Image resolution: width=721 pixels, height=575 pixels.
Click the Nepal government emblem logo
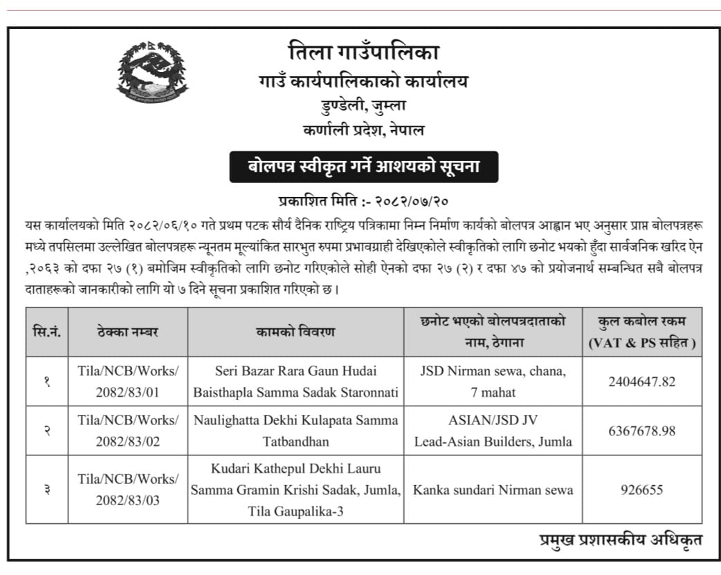152,72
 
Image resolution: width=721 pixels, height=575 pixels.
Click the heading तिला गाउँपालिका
363,52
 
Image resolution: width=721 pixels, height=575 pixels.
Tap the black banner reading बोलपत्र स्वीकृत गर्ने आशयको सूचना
363,167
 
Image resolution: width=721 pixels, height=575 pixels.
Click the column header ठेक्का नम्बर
128,332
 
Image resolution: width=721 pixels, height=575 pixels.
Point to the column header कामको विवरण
295,332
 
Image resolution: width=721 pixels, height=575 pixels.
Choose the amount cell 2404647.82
641,381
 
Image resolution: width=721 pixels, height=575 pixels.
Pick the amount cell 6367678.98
641,431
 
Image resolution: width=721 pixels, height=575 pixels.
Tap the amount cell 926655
641,489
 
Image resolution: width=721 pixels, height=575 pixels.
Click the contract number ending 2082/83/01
128,381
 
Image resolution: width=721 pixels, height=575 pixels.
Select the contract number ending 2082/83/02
128,431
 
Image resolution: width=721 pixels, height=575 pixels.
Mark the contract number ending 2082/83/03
128,489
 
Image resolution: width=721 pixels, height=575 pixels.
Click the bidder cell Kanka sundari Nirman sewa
493,490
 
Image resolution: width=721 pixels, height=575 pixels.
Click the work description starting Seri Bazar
295,381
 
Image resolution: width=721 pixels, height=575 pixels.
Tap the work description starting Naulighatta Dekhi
295,431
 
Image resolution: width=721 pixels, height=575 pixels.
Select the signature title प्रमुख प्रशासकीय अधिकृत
621,540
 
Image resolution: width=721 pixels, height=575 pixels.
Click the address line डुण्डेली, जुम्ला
363,106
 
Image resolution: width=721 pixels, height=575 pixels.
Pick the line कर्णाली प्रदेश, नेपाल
363,129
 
